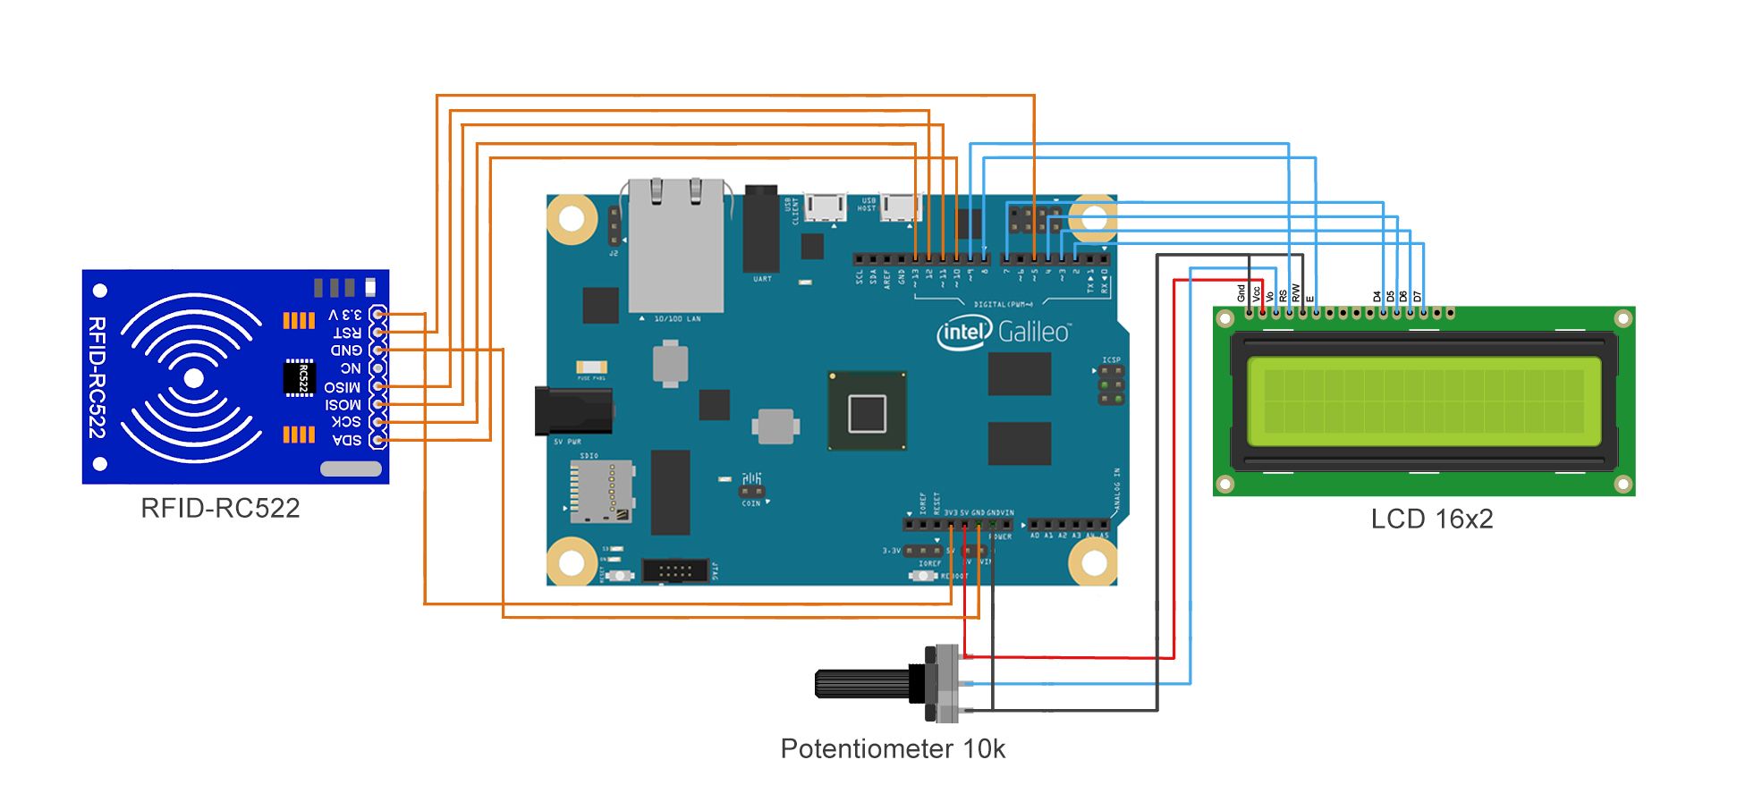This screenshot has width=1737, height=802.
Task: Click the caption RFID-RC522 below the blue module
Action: [x=220, y=508]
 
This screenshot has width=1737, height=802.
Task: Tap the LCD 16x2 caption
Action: [x=1431, y=519]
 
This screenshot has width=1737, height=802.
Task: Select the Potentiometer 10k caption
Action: [x=892, y=748]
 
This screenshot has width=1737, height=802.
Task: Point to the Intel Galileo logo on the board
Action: [x=1003, y=332]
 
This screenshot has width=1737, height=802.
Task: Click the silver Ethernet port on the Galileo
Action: [x=675, y=246]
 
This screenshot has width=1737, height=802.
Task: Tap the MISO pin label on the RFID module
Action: [x=343, y=386]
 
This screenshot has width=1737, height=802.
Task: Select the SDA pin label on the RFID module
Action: [x=347, y=439]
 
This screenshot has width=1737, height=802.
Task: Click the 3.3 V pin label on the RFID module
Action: [x=345, y=315]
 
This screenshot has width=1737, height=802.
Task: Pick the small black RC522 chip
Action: [x=300, y=377]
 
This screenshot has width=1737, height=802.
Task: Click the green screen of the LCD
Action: [x=1423, y=402]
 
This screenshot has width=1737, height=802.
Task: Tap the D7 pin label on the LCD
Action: [x=1417, y=296]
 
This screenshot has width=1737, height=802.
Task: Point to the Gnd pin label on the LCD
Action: [x=1241, y=292]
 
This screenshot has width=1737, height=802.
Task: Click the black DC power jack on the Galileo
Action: [x=572, y=410]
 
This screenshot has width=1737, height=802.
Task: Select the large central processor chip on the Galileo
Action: [x=867, y=412]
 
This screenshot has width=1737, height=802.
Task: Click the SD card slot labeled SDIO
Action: [x=602, y=492]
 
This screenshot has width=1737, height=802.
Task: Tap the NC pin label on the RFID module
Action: [x=350, y=368]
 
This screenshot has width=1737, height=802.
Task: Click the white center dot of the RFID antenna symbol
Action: [x=192, y=378]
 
